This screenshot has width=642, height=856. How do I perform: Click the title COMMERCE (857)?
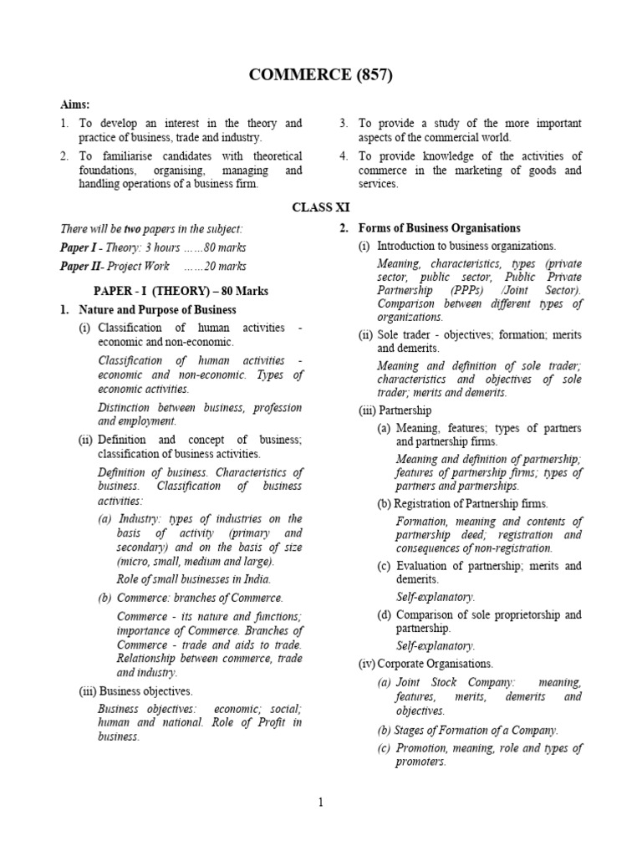pos(321,75)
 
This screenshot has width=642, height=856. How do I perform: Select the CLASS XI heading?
pos(321,206)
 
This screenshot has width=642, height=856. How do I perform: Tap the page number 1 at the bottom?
pos(320,803)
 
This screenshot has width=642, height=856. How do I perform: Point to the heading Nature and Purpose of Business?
pos(155,310)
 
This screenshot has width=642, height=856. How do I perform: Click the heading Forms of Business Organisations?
pos(439,228)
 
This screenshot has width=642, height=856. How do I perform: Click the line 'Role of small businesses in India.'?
pos(194,579)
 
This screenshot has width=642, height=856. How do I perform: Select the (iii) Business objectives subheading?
pos(136,691)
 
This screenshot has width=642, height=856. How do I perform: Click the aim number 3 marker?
pos(344,123)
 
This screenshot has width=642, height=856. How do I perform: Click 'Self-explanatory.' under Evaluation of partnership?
pos(435,597)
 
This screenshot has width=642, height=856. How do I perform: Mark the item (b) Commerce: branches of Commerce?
pos(191,598)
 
